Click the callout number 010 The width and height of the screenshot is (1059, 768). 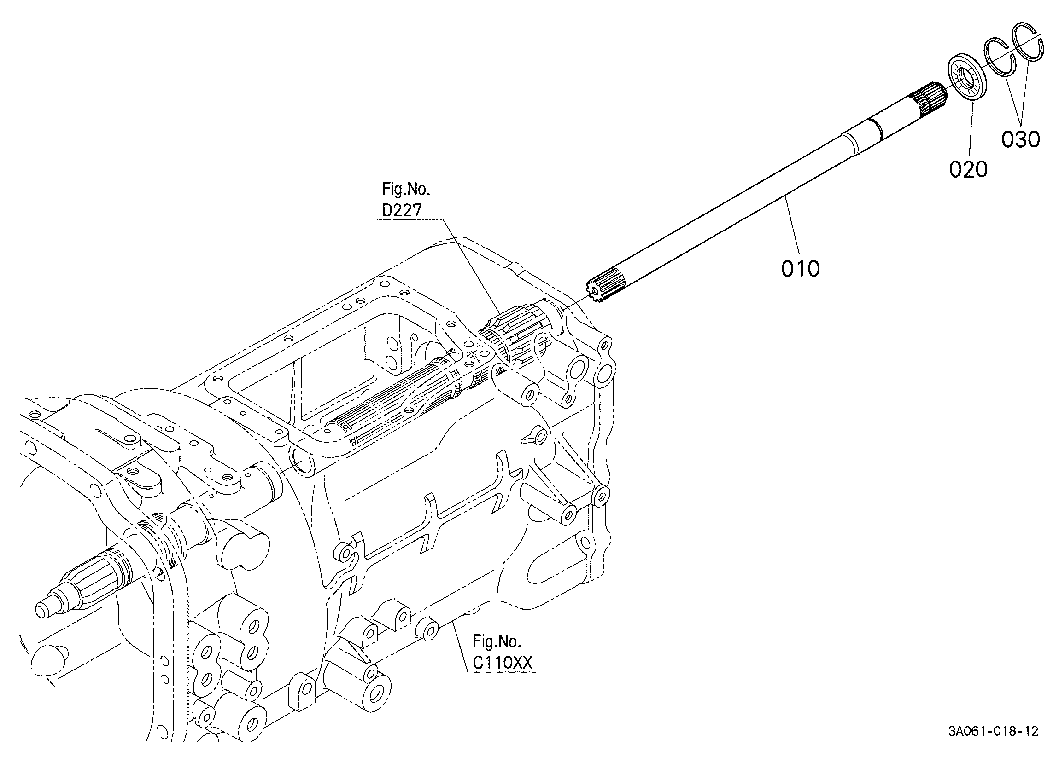point(800,269)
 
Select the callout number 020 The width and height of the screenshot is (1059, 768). point(968,169)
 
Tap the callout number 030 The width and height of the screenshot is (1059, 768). point(1021,139)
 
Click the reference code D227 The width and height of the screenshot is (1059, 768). point(402,210)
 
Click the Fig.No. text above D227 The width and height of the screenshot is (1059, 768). point(406,189)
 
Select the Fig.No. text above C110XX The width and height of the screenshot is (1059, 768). point(497,641)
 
